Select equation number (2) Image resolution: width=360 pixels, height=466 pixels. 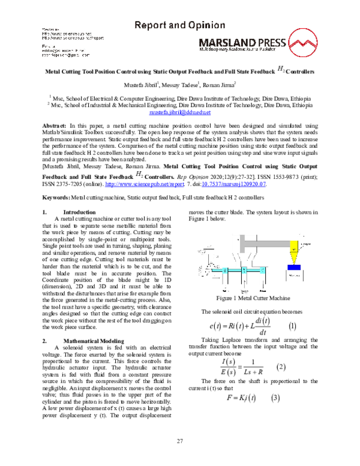[x=280, y=368]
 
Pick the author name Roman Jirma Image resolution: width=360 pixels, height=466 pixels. [x=219, y=85]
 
